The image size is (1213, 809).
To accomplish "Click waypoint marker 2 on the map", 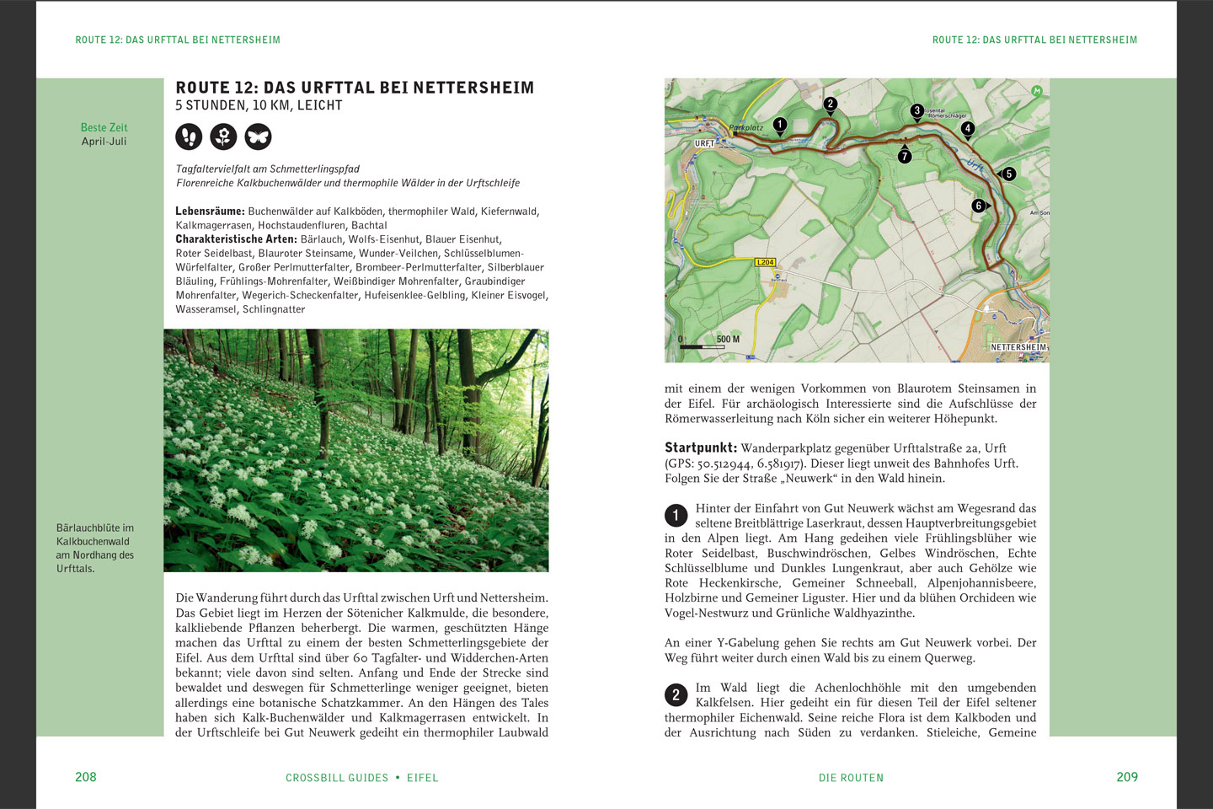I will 831,104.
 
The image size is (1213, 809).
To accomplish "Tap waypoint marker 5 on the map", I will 1008,174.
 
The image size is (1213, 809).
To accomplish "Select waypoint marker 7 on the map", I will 905,156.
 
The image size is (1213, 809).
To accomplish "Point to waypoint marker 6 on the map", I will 978,206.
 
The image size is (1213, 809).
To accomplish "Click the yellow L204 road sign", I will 765,262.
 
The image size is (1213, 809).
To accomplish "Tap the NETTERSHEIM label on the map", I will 1018,347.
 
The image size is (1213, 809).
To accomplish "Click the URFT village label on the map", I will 704,144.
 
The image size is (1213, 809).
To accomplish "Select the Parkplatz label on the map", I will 746,128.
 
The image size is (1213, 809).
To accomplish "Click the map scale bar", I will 703,346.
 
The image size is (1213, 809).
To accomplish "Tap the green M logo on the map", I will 1037,91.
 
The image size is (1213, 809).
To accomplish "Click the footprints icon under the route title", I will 189,137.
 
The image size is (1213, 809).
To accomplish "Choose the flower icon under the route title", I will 223,137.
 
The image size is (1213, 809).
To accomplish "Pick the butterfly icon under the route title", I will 258,137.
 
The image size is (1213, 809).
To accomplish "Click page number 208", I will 86,777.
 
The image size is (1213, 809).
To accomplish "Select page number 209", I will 1127,777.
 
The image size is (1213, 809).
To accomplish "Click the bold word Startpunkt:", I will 701,448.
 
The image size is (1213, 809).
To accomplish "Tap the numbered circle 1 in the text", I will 676,516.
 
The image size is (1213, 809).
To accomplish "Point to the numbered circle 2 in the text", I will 676,695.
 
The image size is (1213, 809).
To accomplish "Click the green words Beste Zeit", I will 104,128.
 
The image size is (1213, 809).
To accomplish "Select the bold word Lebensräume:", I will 210,212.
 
